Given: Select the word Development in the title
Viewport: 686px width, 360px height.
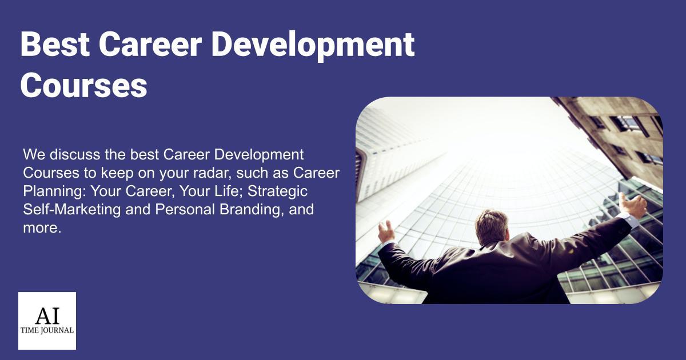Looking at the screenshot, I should click(x=313, y=45).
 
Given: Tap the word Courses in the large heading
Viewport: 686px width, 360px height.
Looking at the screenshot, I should click(x=84, y=86).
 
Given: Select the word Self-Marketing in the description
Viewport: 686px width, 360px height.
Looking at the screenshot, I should click(x=72, y=209).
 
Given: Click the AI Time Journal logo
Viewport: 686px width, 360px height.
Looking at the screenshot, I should click(x=47, y=321).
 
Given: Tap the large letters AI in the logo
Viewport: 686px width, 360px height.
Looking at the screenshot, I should click(x=47, y=315).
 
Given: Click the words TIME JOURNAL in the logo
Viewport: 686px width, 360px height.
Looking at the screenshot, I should click(x=47, y=330).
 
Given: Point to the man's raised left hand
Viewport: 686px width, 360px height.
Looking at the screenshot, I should click(x=386, y=231).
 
